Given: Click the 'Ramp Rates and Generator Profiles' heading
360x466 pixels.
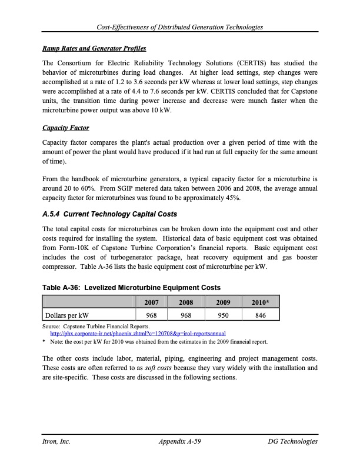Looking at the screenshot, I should pyautogui.click(x=94, y=48).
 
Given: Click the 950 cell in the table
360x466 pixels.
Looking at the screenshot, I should pyautogui.click(x=222, y=315).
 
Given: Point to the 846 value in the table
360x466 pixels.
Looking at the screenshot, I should pyautogui.click(x=259, y=315).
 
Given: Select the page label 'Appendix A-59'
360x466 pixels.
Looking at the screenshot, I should pyautogui.click(x=180, y=441).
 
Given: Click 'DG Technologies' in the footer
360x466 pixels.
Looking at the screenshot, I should pyautogui.click(x=292, y=441).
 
